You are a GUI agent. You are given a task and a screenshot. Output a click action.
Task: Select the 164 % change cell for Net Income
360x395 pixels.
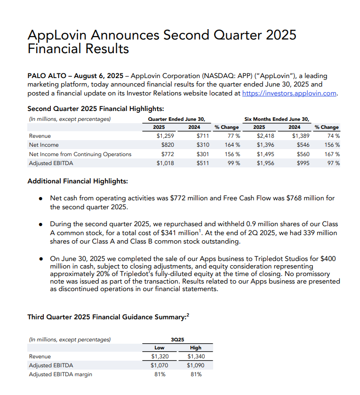pyautogui.click(x=232, y=145)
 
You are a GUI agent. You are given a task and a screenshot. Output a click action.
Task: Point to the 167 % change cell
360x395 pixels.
pyautogui.click(x=332, y=154)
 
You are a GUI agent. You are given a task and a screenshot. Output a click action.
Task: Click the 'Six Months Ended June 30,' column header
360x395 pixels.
pyautogui.click(x=276, y=118)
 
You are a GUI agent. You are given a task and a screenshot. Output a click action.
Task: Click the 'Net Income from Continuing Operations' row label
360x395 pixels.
pyautogui.click(x=80, y=154)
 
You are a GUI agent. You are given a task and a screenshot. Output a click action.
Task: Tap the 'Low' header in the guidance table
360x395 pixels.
pyautogui.click(x=160, y=348)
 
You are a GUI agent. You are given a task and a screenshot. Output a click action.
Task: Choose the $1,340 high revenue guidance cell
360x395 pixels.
pyautogui.click(x=196, y=356)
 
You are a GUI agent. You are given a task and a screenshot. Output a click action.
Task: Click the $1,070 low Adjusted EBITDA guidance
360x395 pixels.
pyautogui.click(x=160, y=365)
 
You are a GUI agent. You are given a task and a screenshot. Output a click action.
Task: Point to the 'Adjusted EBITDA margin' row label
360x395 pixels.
pyautogui.click(x=60, y=374)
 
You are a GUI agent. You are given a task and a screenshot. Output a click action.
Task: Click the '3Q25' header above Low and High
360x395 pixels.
pyautogui.click(x=177, y=339)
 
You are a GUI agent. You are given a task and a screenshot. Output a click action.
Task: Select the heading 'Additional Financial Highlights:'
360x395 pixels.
pyautogui.click(x=78, y=181)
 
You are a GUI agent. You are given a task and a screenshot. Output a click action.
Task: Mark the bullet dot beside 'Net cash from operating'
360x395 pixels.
pyautogui.click(x=41, y=198)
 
